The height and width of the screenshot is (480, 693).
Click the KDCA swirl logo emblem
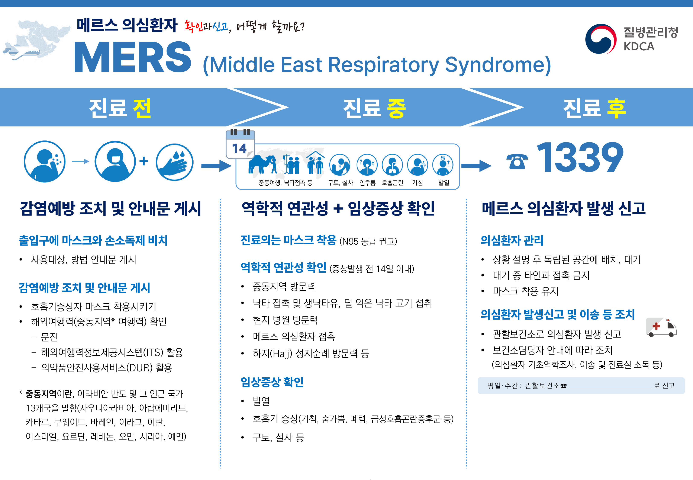pyautogui.click(x=600, y=39)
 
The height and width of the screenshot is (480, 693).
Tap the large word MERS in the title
pyautogui.click(x=133, y=57)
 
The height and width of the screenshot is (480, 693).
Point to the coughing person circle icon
pyautogui.click(x=45, y=161)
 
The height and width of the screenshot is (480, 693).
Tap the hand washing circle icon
pyautogui.click(x=175, y=162)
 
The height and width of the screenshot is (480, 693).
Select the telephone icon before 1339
pyautogui.click(x=517, y=161)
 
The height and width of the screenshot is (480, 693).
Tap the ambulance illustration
pyautogui.click(x=662, y=327)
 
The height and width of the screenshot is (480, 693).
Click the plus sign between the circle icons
pyautogui.click(x=144, y=161)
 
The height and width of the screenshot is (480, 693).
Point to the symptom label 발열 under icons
pyautogui.click(x=444, y=183)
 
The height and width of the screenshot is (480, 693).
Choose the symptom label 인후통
pyautogui.click(x=367, y=183)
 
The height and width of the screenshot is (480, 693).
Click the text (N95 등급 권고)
pyautogui.click(x=368, y=241)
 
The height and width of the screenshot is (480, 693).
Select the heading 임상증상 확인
pyautogui.click(x=272, y=382)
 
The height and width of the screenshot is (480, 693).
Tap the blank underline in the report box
pyautogui.click(x=610, y=388)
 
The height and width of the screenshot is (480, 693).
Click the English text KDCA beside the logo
pyautogui.click(x=639, y=47)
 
